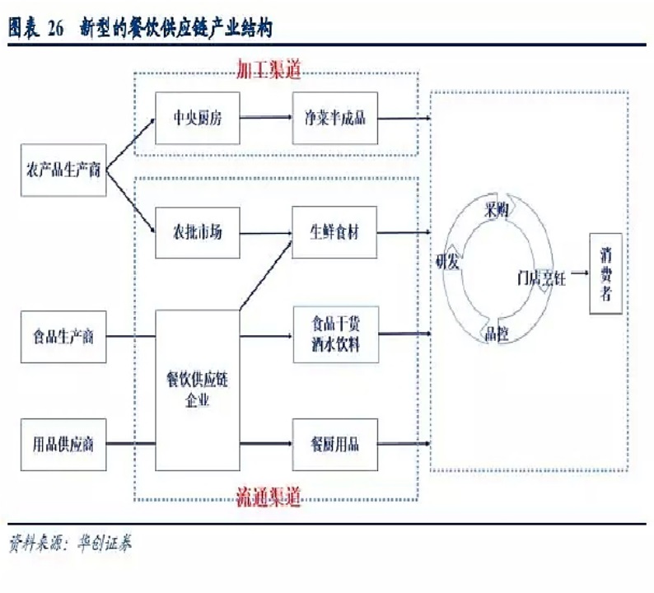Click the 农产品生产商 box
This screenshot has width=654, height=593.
[64, 170]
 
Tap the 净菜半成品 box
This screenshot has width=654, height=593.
[336, 118]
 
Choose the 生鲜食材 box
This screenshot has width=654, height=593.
[335, 232]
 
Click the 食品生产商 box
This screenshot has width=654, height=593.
[64, 336]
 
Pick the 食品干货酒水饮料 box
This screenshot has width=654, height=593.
[335, 334]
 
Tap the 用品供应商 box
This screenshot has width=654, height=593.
[64, 445]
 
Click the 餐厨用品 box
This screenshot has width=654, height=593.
[335, 445]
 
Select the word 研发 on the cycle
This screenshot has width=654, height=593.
[450, 262]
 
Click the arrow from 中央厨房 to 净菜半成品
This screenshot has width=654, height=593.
[265, 118]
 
